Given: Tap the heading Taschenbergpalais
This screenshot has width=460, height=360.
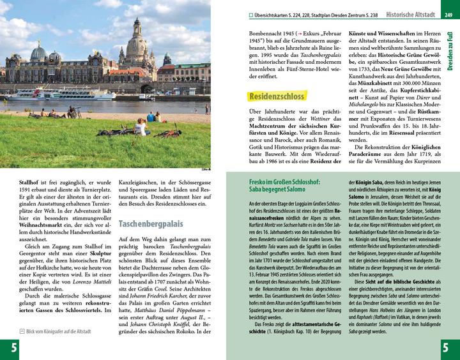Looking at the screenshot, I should coord(151,223).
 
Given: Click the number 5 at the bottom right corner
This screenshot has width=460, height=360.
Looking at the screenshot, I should coord(447,348).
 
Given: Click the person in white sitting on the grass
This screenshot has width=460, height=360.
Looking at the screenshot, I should coord(139,126).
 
